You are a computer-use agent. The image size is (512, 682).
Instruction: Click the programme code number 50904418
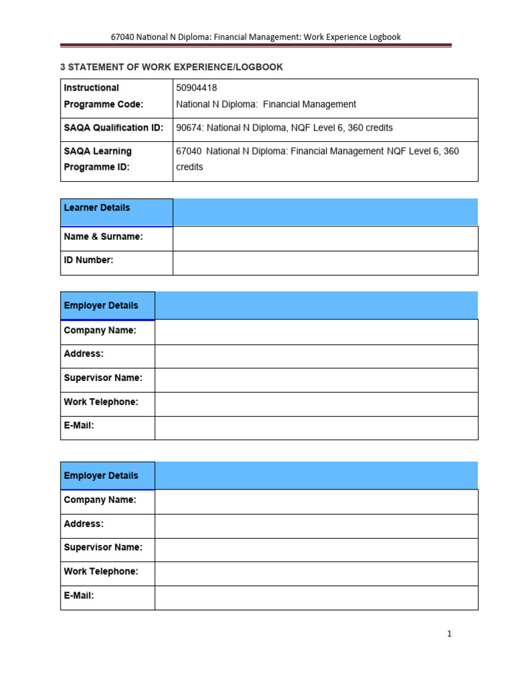pyautogui.click(x=196, y=88)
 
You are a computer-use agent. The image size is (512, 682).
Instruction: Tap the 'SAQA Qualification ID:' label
pyautogui.click(x=113, y=128)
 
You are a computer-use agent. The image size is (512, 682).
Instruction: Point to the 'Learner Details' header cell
pyautogui.click(x=97, y=208)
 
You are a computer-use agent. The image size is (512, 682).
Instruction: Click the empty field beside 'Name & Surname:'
pyautogui.click(x=325, y=238)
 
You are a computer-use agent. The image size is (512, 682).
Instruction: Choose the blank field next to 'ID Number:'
pyautogui.click(x=325, y=262)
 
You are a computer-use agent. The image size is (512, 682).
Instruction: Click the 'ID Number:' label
pyautogui.click(x=89, y=260)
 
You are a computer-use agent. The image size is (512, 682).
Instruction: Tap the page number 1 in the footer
pyautogui.click(x=450, y=634)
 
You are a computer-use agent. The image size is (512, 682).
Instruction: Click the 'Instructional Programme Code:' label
pyautogui.click(x=103, y=96)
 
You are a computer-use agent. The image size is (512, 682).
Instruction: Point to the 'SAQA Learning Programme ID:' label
pyautogui.click(x=98, y=159)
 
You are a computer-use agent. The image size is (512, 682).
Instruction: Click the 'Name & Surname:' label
pyautogui.click(x=103, y=236)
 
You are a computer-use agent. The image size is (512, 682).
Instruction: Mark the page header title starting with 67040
pyautogui.click(x=256, y=37)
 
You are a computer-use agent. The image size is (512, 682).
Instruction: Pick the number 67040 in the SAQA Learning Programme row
pyautogui.click(x=189, y=151)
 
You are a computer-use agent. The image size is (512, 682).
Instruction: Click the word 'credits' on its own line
pyautogui.click(x=189, y=167)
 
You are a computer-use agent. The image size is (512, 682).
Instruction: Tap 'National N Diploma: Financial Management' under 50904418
pyautogui.click(x=266, y=104)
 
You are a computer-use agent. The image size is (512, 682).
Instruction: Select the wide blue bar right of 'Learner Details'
pyautogui.click(x=325, y=212)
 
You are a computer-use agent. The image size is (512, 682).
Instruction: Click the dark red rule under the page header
pyautogui.click(x=256, y=46)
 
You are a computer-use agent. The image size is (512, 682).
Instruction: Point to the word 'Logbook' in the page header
pyautogui.click(x=383, y=37)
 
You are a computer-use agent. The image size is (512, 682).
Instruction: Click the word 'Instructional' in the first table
pyautogui.click(x=91, y=88)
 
